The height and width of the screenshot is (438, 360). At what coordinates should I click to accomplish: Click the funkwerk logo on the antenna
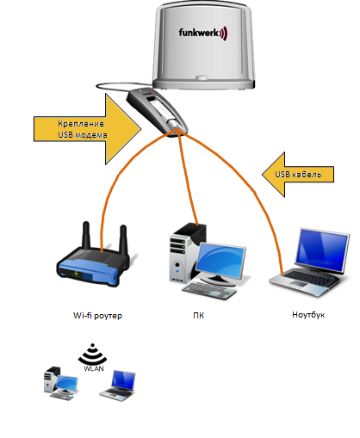tap(203, 33)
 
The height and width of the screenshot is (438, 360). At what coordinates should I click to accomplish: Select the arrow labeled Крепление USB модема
tap(88, 129)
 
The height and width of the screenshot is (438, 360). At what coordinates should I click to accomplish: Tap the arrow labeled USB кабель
tap(298, 175)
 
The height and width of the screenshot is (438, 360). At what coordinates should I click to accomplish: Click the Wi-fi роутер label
tap(97, 316)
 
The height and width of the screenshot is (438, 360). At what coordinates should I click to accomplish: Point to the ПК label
tap(199, 316)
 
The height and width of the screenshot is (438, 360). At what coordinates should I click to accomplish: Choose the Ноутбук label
tap(308, 315)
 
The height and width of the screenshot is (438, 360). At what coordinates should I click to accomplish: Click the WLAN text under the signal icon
tap(94, 368)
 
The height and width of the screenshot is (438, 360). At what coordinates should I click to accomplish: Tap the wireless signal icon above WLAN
tap(92, 354)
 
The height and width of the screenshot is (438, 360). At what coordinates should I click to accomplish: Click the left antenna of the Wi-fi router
tap(86, 235)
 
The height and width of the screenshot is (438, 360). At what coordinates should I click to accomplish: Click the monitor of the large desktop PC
tap(220, 262)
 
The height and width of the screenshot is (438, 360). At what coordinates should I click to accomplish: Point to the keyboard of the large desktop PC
tap(209, 290)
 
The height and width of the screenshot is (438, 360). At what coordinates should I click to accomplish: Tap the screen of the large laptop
tap(322, 250)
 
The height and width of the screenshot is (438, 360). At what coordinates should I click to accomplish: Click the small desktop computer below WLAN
tap(61, 383)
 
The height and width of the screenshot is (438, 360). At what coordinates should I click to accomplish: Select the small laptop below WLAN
tap(118, 386)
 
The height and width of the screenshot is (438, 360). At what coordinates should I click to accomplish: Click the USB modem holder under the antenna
tap(158, 112)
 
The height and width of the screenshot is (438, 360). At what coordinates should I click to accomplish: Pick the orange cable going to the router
tap(118, 175)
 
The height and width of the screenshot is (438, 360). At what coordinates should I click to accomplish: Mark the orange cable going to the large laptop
tap(254, 192)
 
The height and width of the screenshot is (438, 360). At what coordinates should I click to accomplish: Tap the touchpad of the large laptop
tap(299, 284)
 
